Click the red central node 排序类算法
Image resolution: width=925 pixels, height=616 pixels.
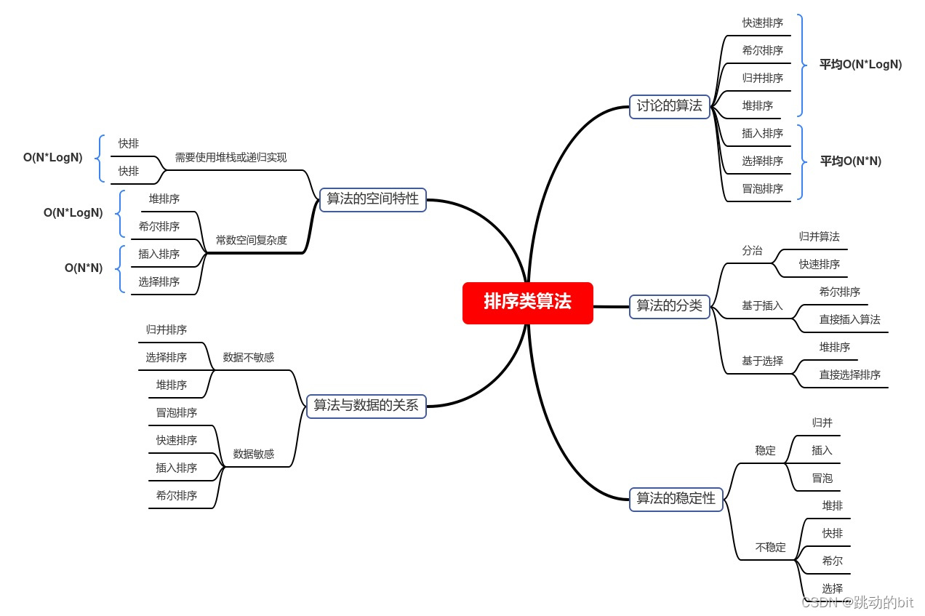528,303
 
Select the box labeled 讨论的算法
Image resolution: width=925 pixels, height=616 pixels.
669,106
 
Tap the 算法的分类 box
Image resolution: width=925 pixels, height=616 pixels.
669,306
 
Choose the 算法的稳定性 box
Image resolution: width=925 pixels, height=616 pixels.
676,499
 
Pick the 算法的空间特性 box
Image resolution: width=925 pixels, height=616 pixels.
373,199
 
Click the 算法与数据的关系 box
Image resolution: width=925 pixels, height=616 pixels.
367,406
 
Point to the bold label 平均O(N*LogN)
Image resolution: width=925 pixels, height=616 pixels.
860,65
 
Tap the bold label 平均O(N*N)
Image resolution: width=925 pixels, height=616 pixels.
851,161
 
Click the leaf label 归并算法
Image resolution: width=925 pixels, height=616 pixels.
820,236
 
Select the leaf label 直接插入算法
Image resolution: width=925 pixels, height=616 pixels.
850,319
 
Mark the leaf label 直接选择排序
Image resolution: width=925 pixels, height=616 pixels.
850,375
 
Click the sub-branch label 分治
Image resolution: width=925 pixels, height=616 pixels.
752,250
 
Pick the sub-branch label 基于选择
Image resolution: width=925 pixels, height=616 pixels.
762,361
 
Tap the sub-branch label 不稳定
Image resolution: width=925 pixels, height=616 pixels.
771,547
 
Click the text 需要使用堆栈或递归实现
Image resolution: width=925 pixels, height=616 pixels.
231,157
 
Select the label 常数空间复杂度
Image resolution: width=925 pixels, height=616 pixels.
252,240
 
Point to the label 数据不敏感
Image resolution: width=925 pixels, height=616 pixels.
249,357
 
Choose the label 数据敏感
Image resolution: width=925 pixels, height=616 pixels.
254,454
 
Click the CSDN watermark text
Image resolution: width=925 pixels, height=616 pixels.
857,602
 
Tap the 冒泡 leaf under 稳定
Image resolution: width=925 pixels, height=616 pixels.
822,478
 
